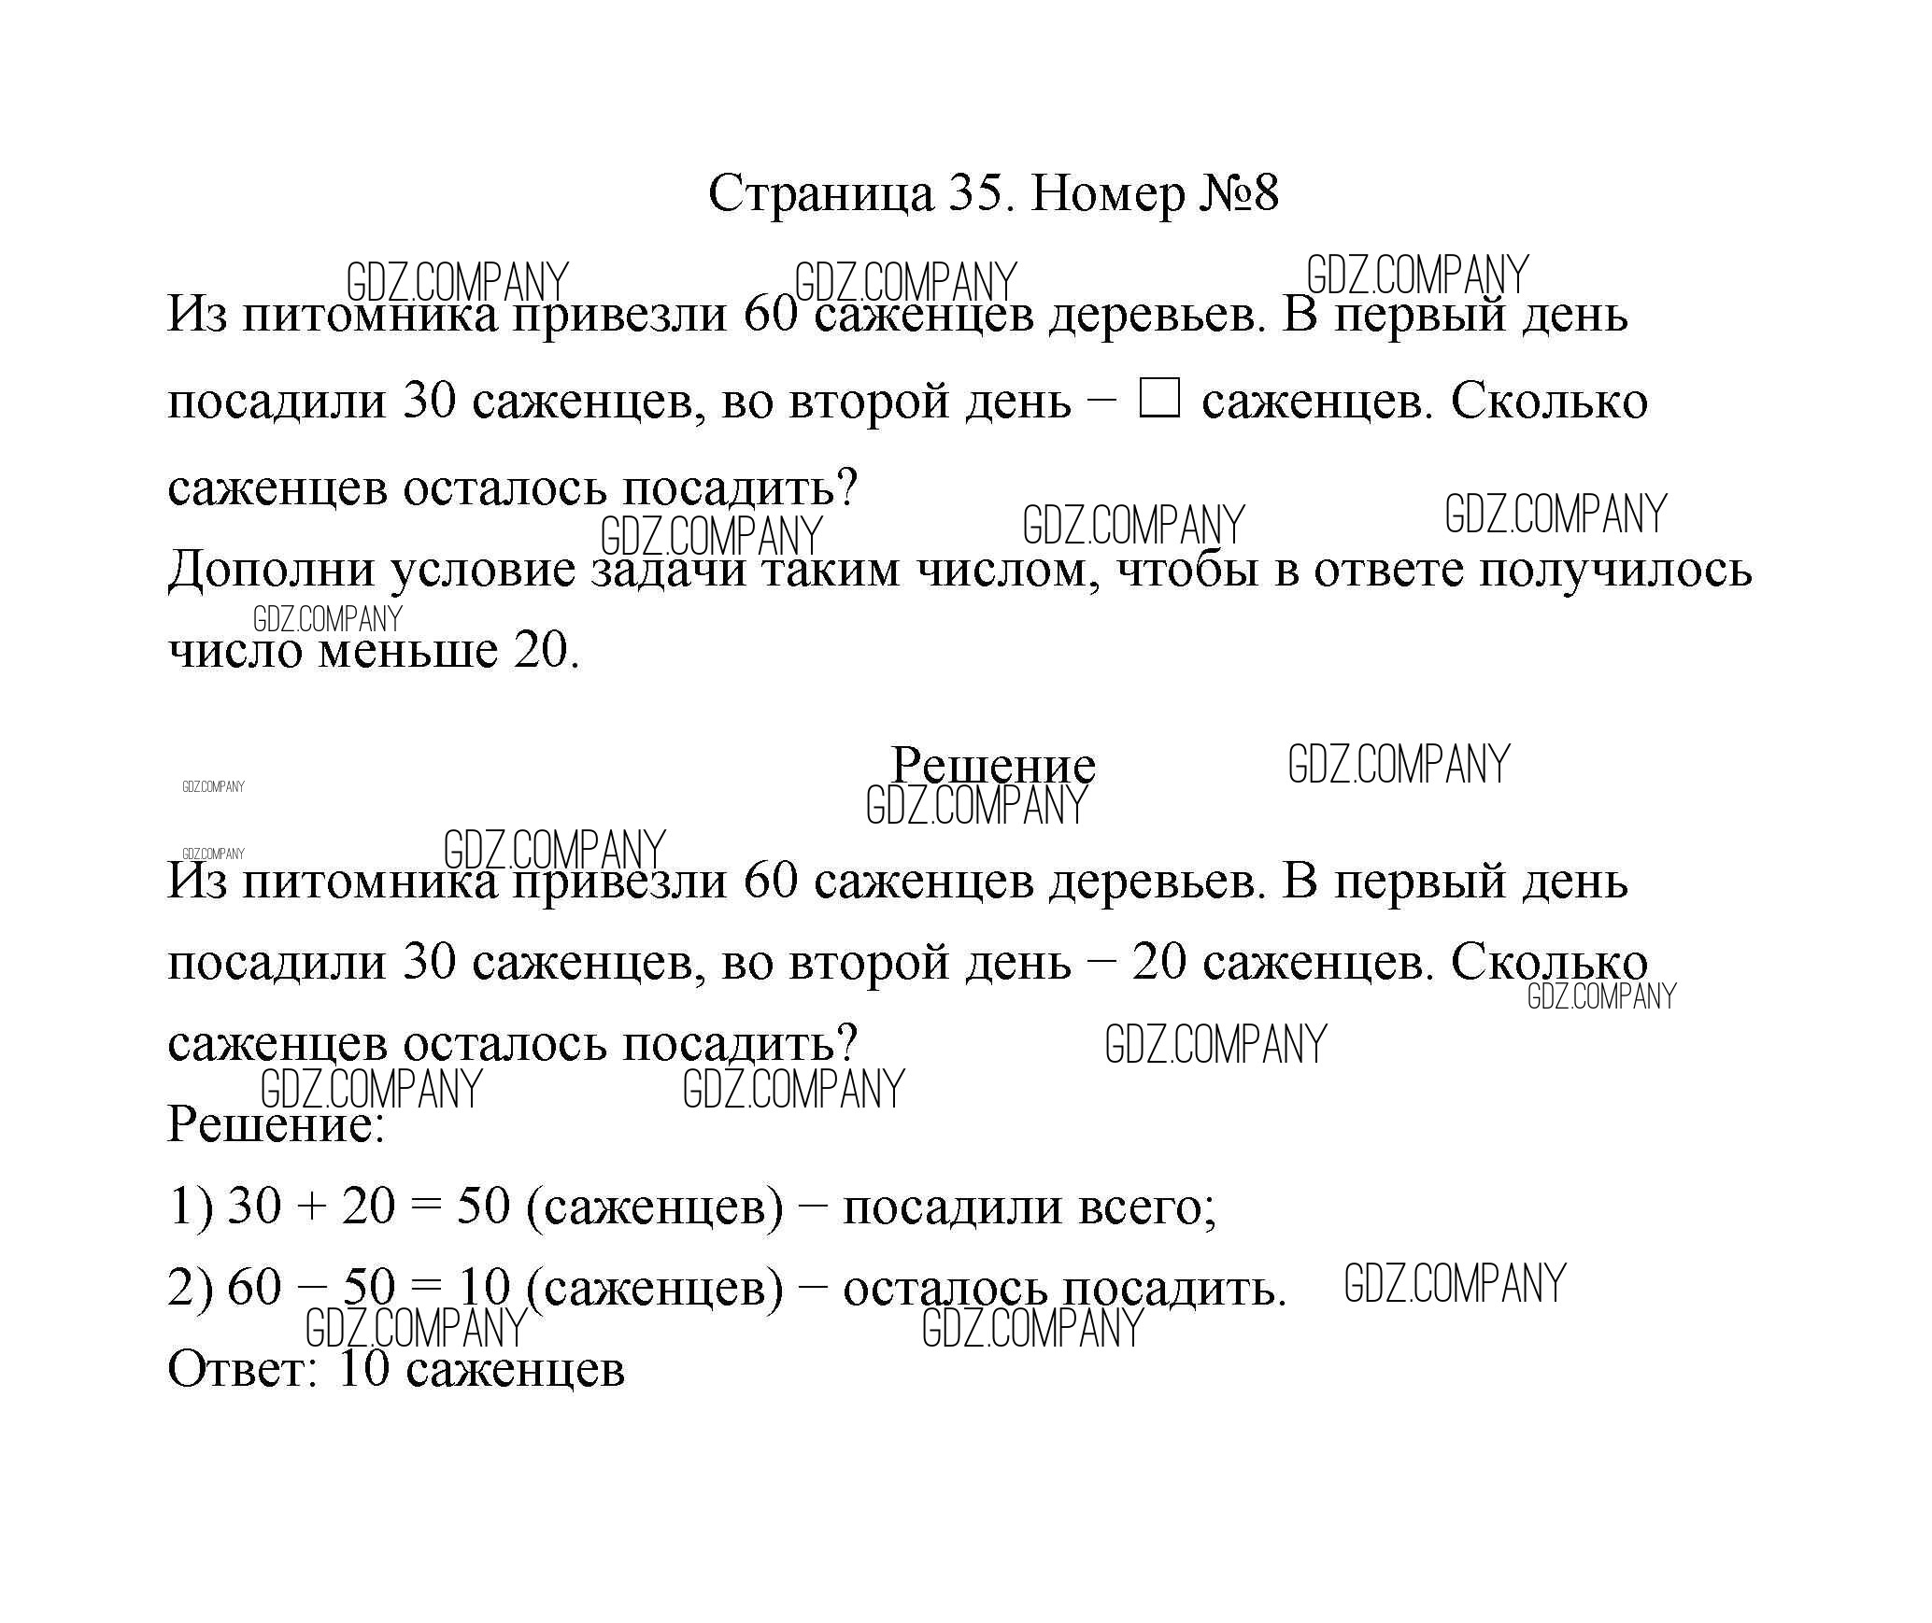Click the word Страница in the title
pyautogui.click(x=820, y=194)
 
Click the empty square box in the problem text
pyautogui.click(x=1159, y=402)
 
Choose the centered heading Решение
pyautogui.click(x=992, y=766)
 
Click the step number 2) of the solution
pyautogui.click(x=191, y=1288)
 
